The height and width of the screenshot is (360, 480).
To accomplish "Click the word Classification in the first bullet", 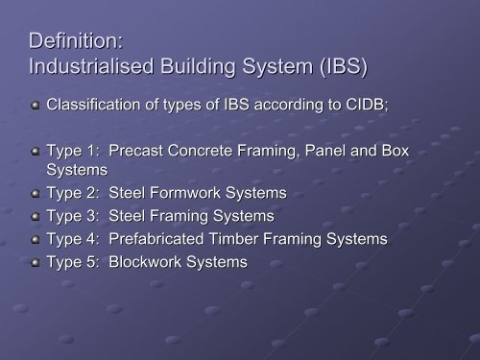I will point(96,108).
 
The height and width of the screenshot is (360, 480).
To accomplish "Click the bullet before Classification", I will point(36,108).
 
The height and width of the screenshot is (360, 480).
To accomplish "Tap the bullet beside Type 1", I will point(36,152).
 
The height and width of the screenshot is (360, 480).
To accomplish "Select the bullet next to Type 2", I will point(36,194).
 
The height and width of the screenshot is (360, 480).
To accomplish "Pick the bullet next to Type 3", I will point(36,215).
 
